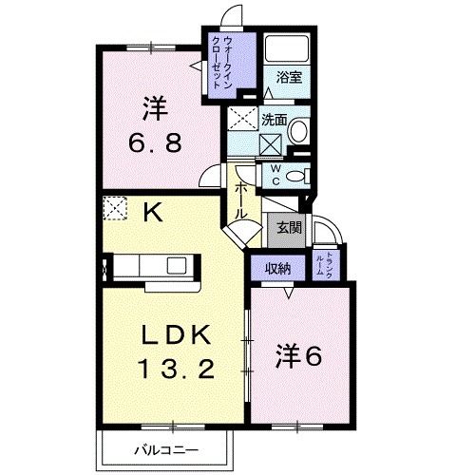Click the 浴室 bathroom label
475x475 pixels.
290,77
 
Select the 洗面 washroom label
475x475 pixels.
274,121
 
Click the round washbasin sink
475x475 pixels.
297,132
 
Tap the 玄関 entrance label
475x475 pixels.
289,227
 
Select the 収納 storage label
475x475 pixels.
276,268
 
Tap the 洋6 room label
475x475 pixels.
300,356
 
